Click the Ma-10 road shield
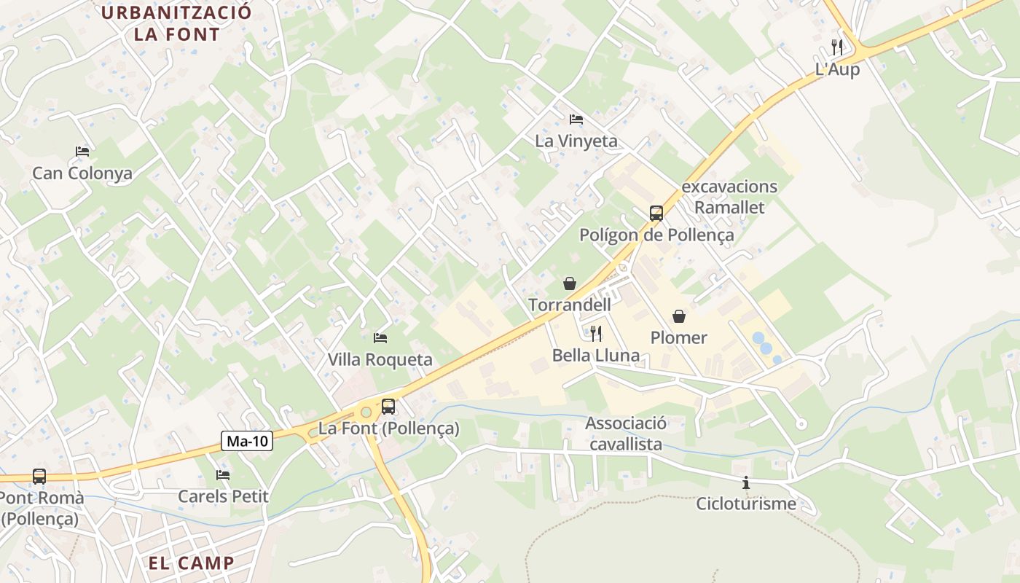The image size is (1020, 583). pyautogui.click(x=248, y=441)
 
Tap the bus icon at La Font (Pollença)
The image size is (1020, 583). pyautogui.click(x=388, y=407)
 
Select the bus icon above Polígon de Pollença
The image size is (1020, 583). pyautogui.click(x=656, y=213)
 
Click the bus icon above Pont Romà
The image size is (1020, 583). pyautogui.click(x=39, y=477)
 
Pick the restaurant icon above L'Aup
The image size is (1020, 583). pyautogui.click(x=837, y=47)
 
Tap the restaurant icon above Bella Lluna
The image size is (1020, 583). pyautogui.click(x=596, y=334)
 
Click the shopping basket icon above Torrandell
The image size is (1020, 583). pyautogui.click(x=570, y=283)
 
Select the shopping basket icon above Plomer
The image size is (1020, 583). pyautogui.click(x=679, y=316)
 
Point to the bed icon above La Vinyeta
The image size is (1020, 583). pyautogui.click(x=576, y=119)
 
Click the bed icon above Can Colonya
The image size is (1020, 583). pyautogui.click(x=82, y=152)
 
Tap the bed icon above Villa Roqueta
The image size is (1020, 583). pyautogui.click(x=380, y=338)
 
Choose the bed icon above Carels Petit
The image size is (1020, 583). pyautogui.click(x=223, y=475)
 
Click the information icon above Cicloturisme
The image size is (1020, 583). pyautogui.click(x=746, y=482)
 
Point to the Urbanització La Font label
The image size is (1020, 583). pyautogui.click(x=176, y=23)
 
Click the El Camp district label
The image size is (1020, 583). pyautogui.click(x=192, y=563)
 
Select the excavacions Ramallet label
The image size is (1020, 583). pyautogui.click(x=729, y=197)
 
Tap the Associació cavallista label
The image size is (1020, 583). pyautogui.click(x=626, y=434)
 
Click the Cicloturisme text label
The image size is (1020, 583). pyautogui.click(x=746, y=504)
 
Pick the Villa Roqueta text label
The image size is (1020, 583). pyautogui.click(x=380, y=359)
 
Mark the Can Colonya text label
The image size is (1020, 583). pyautogui.click(x=82, y=173)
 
